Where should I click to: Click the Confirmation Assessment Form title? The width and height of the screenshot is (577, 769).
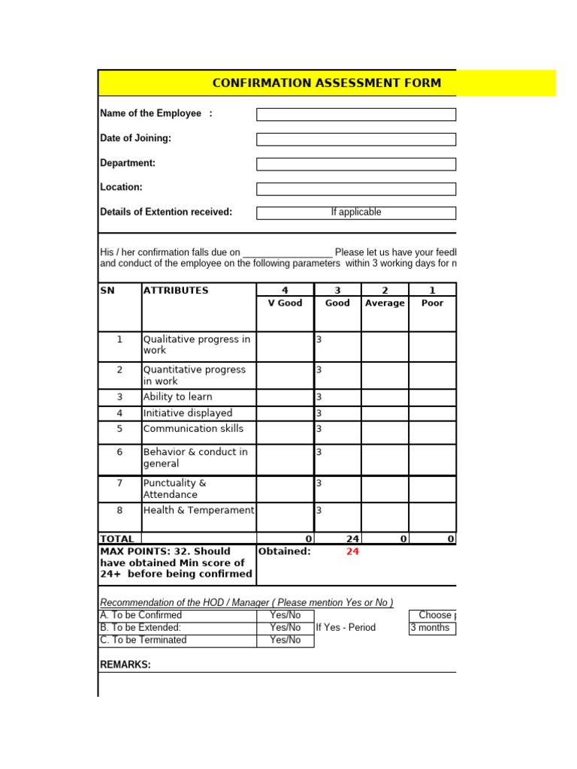coord(327,83)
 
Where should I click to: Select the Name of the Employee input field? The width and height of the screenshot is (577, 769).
coord(356,114)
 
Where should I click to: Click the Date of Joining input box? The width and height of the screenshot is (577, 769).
coord(356,139)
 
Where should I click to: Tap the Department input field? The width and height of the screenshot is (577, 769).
coord(356,164)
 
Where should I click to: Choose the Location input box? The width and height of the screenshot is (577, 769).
coord(356,188)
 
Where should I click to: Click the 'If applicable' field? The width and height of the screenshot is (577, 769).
coord(356,213)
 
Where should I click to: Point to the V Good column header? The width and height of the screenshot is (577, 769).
coord(285,303)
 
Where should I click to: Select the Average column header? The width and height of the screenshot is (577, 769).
coord(385,303)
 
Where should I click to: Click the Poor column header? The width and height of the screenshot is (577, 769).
coord(432,303)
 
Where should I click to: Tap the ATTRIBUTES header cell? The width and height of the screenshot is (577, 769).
coord(176,291)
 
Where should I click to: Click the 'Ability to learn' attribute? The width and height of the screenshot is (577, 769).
coord(178,397)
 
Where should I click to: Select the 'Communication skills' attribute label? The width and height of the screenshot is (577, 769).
coord(193,429)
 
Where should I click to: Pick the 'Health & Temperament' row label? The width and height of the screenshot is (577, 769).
coord(198,511)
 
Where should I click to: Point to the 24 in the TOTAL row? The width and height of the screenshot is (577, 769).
coord(352,538)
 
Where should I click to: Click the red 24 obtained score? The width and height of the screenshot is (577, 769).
coord(352,551)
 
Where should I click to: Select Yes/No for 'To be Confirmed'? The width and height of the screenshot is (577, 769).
coord(285,615)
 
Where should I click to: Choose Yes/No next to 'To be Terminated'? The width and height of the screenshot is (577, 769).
coord(285,641)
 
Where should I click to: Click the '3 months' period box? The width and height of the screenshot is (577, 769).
coord(432,628)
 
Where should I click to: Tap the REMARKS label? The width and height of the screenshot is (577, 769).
coord(125,665)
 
